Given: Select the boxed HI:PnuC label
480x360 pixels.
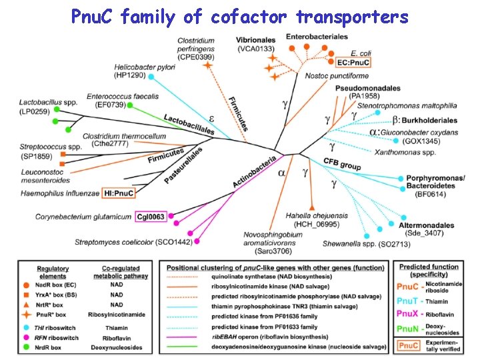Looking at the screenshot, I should [118, 193].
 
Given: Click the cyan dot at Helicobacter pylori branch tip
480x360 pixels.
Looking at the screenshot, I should [151, 77].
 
